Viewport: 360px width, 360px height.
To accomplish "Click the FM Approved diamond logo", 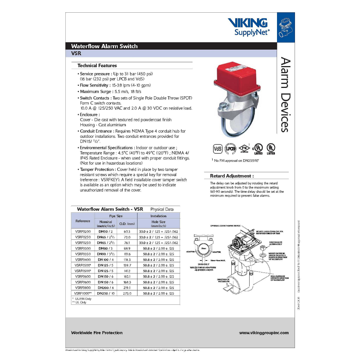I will (243, 148).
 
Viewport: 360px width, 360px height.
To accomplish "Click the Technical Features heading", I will (97, 65).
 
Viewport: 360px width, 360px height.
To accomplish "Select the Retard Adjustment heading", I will (232, 176).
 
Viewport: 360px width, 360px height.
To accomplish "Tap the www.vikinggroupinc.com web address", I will (264, 333).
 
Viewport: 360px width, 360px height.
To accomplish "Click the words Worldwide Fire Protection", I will (97, 333).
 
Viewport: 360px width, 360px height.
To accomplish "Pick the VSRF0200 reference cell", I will (83, 232).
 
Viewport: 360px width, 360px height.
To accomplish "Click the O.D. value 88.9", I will (127, 248).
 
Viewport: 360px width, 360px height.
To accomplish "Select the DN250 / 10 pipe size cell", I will (105, 293).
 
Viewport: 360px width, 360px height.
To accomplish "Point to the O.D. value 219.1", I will (127, 288).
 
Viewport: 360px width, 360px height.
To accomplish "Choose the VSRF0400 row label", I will (83, 259).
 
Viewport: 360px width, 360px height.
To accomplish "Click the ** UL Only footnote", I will (80, 302).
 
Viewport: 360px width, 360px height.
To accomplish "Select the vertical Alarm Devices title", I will (285, 95).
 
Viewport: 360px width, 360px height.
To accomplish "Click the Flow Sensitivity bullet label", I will (94, 85).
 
